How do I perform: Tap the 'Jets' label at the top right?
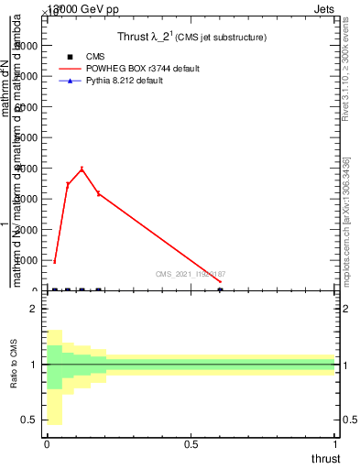tap(325, 8)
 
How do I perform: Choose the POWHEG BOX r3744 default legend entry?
tap(147, 69)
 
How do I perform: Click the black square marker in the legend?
tap(71, 57)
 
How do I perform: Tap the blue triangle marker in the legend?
tap(71, 81)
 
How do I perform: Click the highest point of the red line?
tap(82, 169)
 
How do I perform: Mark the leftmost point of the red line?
tap(55, 261)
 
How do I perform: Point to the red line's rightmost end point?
tap(220, 281)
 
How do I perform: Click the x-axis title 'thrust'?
tap(324, 458)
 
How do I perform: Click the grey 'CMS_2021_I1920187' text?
tap(191, 274)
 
